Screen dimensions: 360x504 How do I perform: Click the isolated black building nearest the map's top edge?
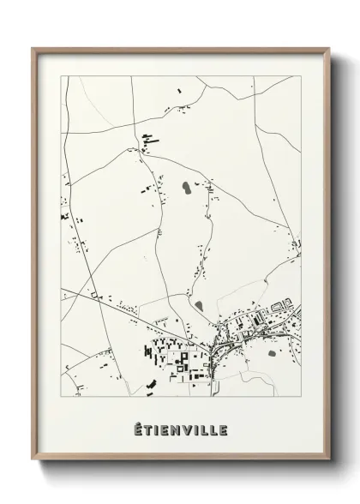pos(179,87)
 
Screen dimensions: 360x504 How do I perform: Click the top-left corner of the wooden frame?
pos(33,48)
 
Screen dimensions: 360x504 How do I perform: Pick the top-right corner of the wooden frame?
pos(328,48)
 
